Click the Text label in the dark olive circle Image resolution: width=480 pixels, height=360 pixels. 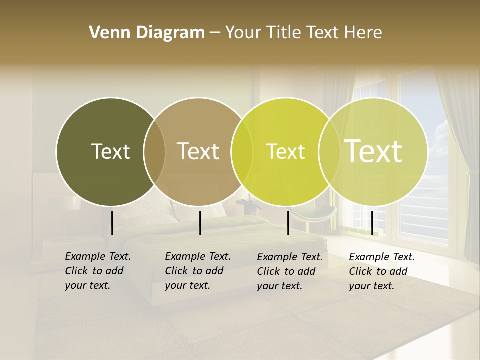110,151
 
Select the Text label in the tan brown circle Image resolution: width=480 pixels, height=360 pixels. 198,151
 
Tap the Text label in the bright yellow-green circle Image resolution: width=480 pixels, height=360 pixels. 285,151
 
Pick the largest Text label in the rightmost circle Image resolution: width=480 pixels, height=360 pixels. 373,151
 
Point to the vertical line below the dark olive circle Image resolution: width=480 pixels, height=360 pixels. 112,223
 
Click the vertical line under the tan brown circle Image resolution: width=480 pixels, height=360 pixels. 200,223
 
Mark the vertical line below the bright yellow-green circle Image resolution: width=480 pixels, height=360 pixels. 288,223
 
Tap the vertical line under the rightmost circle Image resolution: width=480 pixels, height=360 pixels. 372,223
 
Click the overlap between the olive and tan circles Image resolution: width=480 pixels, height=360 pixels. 154,151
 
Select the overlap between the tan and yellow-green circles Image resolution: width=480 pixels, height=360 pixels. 241,151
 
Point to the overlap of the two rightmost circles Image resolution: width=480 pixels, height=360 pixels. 329,151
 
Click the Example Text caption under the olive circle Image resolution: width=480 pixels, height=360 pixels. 97,271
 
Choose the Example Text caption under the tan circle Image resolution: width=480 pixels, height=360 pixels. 197,271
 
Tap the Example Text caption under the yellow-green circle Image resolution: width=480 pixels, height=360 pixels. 289,271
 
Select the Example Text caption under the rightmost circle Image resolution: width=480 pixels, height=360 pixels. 381,271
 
